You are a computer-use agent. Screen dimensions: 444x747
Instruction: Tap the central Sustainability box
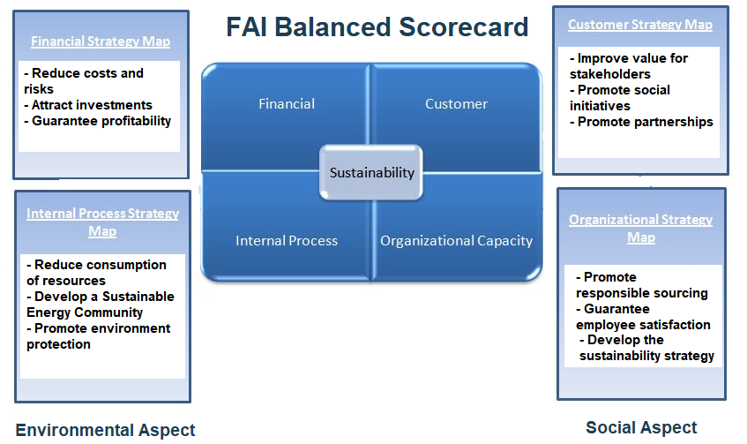point(371,173)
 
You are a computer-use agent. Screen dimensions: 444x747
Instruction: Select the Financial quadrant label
point(287,104)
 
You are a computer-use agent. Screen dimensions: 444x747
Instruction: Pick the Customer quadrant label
point(456,104)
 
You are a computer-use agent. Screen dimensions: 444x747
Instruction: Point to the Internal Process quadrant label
point(287,240)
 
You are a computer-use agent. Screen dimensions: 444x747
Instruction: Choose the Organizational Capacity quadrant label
point(456,240)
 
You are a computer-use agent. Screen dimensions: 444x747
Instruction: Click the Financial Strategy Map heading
point(101,41)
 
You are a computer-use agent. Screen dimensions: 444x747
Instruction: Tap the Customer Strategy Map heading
point(640,26)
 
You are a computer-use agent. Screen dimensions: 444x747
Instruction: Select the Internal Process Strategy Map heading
point(102,222)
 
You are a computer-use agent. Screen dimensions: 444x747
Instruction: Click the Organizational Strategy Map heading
point(641,229)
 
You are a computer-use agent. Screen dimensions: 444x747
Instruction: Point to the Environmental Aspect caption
point(105,431)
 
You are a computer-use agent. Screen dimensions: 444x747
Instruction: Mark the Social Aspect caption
point(641,428)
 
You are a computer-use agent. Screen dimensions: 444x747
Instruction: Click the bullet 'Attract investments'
point(92,105)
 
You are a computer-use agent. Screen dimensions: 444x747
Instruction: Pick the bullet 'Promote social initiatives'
point(620,98)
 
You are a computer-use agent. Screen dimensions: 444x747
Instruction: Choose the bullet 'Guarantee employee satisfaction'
point(643,317)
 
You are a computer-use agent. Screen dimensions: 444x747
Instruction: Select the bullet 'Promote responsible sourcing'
point(641,285)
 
